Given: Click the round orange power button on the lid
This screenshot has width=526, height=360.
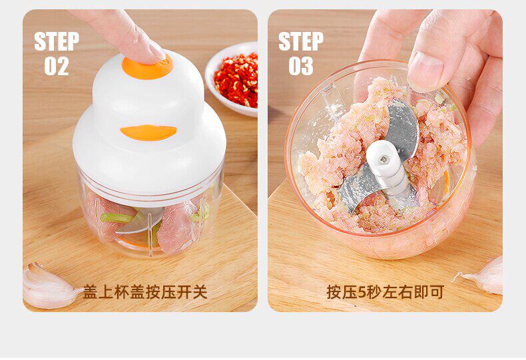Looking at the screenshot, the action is (147, 69).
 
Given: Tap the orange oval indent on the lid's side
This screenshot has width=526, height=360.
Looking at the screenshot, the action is (148, 132).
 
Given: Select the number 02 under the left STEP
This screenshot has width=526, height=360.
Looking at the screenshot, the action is (57, 66).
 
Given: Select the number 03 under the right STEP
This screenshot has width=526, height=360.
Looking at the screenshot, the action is (301, 66).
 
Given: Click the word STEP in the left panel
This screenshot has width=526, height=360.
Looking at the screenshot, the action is (57, 41).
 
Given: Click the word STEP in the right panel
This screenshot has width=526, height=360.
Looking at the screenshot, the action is (301, 41).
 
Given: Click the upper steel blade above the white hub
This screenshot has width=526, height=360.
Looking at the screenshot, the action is (403, 129).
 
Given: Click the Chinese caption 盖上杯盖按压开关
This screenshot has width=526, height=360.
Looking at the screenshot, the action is (145, 292).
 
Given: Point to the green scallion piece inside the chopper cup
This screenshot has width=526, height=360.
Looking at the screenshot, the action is (116, 217).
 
